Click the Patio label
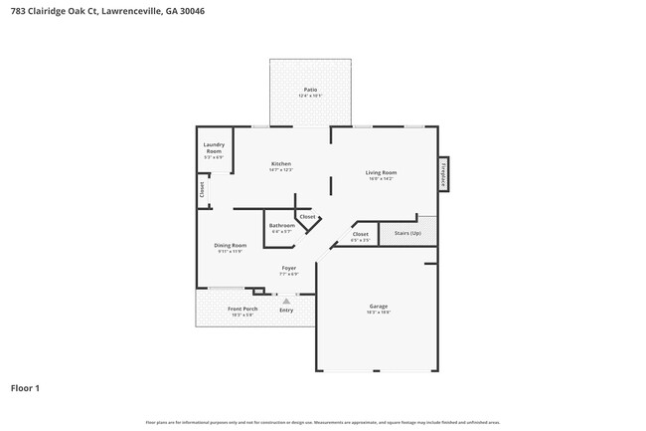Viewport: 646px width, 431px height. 310,90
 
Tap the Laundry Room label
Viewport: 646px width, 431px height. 214,148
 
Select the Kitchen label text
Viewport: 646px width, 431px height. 281,163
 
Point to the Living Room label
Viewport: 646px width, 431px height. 381,172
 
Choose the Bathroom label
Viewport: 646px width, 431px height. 281,225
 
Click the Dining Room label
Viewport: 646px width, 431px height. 231,245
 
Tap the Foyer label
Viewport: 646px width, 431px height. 289,268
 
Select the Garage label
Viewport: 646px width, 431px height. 379,306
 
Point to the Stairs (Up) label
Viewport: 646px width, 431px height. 407,233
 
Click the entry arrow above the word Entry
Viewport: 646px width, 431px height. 286,300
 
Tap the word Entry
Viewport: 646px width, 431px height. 286,310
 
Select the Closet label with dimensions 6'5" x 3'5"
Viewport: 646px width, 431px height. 360,235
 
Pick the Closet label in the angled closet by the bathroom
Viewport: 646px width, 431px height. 308,216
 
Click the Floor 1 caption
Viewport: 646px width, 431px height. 25,387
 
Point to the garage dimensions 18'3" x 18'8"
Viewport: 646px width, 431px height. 379,313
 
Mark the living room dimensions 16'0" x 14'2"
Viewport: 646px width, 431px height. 381,179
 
